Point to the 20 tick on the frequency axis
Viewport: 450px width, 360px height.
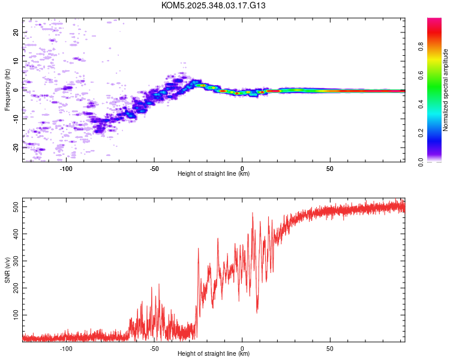pyautogui.click(x=16, y=32)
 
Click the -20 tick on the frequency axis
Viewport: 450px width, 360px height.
pyautogui.click(x=16, y=147)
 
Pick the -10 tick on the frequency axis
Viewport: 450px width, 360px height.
pyautogui.click(x=16, y=118)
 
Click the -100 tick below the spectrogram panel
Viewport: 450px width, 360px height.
pyautogui.click(x=66, y=169)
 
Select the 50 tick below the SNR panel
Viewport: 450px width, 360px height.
pyautogui.click(x=330, y=348)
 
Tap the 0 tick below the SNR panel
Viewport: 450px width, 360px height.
pyautogui.click(x=242, y=348)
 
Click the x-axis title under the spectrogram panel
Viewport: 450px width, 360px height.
pyautogui.click(x=214, y=174)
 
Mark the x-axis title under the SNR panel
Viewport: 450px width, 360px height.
pyautogui.click(x=214, y=354)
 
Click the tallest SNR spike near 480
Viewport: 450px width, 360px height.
pyautogui.click(x=253, y=213)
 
